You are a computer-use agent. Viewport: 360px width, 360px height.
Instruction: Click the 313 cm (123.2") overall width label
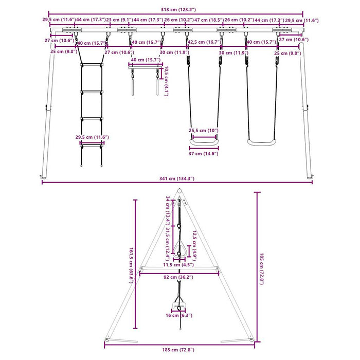point(178,10)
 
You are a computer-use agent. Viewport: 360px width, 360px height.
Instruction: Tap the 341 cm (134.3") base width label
point(177,178)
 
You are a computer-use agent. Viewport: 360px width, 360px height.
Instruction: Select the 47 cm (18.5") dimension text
point(209,20)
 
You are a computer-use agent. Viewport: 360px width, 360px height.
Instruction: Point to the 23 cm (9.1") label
point(119,20)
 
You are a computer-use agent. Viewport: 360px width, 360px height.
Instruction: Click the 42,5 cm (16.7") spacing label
point(205,42)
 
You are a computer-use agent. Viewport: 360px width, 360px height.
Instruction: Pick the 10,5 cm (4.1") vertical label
point(166,81)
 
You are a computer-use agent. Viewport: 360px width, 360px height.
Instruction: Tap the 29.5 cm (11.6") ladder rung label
point(92,137)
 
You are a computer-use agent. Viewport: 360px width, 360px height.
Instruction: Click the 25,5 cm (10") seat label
point(204,131)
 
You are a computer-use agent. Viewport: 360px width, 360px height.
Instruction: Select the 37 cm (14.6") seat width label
point(204,154)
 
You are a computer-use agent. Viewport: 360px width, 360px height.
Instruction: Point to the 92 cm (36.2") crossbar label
point(178,277)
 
